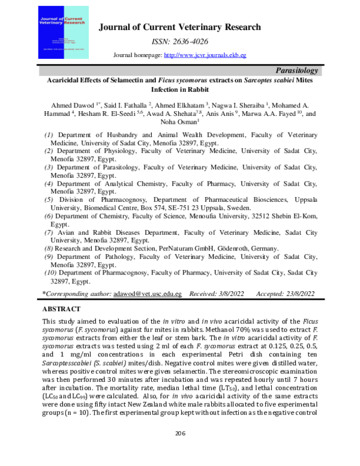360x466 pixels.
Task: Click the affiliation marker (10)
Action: coord(51,273)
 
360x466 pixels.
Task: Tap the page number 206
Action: coord(179,449)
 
